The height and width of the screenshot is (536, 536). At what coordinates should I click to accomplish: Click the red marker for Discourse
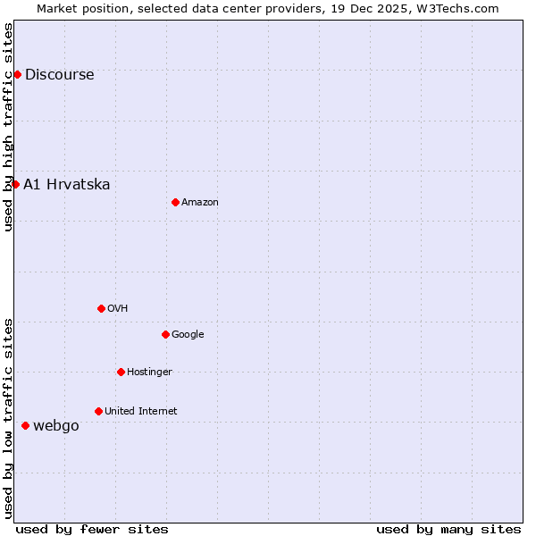click(x=17, y=74)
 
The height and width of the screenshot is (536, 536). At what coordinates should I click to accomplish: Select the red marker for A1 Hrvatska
click(x=15, y=184)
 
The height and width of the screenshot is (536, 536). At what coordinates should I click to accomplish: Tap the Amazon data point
click(x=175, y=202)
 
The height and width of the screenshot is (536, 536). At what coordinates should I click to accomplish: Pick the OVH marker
click(x=101, y=308)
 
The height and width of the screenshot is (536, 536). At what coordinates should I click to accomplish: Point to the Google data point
click(x=165, y=334)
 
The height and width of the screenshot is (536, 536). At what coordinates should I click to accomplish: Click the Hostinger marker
click(x=121, y=372)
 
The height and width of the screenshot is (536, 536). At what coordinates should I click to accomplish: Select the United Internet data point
click(x=98, y=411)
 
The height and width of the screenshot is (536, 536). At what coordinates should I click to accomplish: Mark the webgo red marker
click(x=25, y=425)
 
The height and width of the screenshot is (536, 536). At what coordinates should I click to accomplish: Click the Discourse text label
click(x=59, y=75)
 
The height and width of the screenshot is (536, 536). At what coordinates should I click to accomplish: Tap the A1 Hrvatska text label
click(x=67, y=185)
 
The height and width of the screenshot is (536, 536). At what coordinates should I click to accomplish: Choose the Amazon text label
click(x=200, y=203)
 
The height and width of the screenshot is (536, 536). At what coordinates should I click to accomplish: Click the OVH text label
click(x=118, y=309)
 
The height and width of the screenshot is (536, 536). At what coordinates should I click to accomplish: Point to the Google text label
click(x=188, y=335)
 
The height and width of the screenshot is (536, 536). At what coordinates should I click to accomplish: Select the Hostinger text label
click(x=149, y=373)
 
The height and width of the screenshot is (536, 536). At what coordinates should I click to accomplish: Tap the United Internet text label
click(x=141, y=412)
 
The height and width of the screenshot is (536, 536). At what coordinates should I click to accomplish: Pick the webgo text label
click(x=56, y=426)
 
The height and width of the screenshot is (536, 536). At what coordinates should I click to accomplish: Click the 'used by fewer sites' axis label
click(x=92, y=529)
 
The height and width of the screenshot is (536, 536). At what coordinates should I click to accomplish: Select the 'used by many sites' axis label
click(x=448, y=529)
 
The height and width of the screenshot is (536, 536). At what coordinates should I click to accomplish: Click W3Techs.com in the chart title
click(x=462, y=8)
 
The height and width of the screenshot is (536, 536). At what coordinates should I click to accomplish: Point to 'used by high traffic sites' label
click(x=9, y=127)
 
